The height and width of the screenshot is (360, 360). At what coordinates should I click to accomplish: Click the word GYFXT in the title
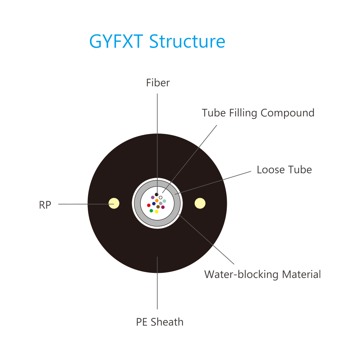(116, 41)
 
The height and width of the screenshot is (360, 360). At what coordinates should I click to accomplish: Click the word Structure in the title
(187, 41)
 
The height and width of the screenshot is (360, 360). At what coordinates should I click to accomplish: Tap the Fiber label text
(158, 83)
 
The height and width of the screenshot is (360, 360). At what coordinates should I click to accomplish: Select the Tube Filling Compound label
(258, 113)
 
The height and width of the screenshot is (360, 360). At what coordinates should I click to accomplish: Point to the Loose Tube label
(284, 170)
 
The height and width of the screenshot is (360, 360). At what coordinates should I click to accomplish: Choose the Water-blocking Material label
(262, 274)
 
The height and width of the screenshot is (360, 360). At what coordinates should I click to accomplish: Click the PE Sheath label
(160, 322)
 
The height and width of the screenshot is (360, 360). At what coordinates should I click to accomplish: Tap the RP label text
(45, 205)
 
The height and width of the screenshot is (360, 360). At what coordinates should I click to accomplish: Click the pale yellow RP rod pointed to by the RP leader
(114, 203)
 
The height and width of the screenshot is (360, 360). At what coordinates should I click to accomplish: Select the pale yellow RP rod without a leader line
(200, 203)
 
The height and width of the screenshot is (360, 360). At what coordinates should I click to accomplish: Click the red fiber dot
(149, 205)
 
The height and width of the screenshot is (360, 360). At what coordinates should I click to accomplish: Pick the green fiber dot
(151, 211)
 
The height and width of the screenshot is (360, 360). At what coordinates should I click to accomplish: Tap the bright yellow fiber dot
(157, 212)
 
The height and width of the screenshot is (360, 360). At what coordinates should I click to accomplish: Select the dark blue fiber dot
(154, 204)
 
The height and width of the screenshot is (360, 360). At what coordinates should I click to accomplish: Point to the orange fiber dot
(157, 201)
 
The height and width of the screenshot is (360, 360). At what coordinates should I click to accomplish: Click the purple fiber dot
(153, 197)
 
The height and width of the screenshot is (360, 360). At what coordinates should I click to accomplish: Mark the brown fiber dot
(158, 207)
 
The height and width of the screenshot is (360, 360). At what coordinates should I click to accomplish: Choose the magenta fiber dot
(163, 207)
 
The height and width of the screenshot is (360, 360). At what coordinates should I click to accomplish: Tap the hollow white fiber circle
(161, 198)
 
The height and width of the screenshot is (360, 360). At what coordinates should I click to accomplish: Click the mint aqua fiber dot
(165, 201)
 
